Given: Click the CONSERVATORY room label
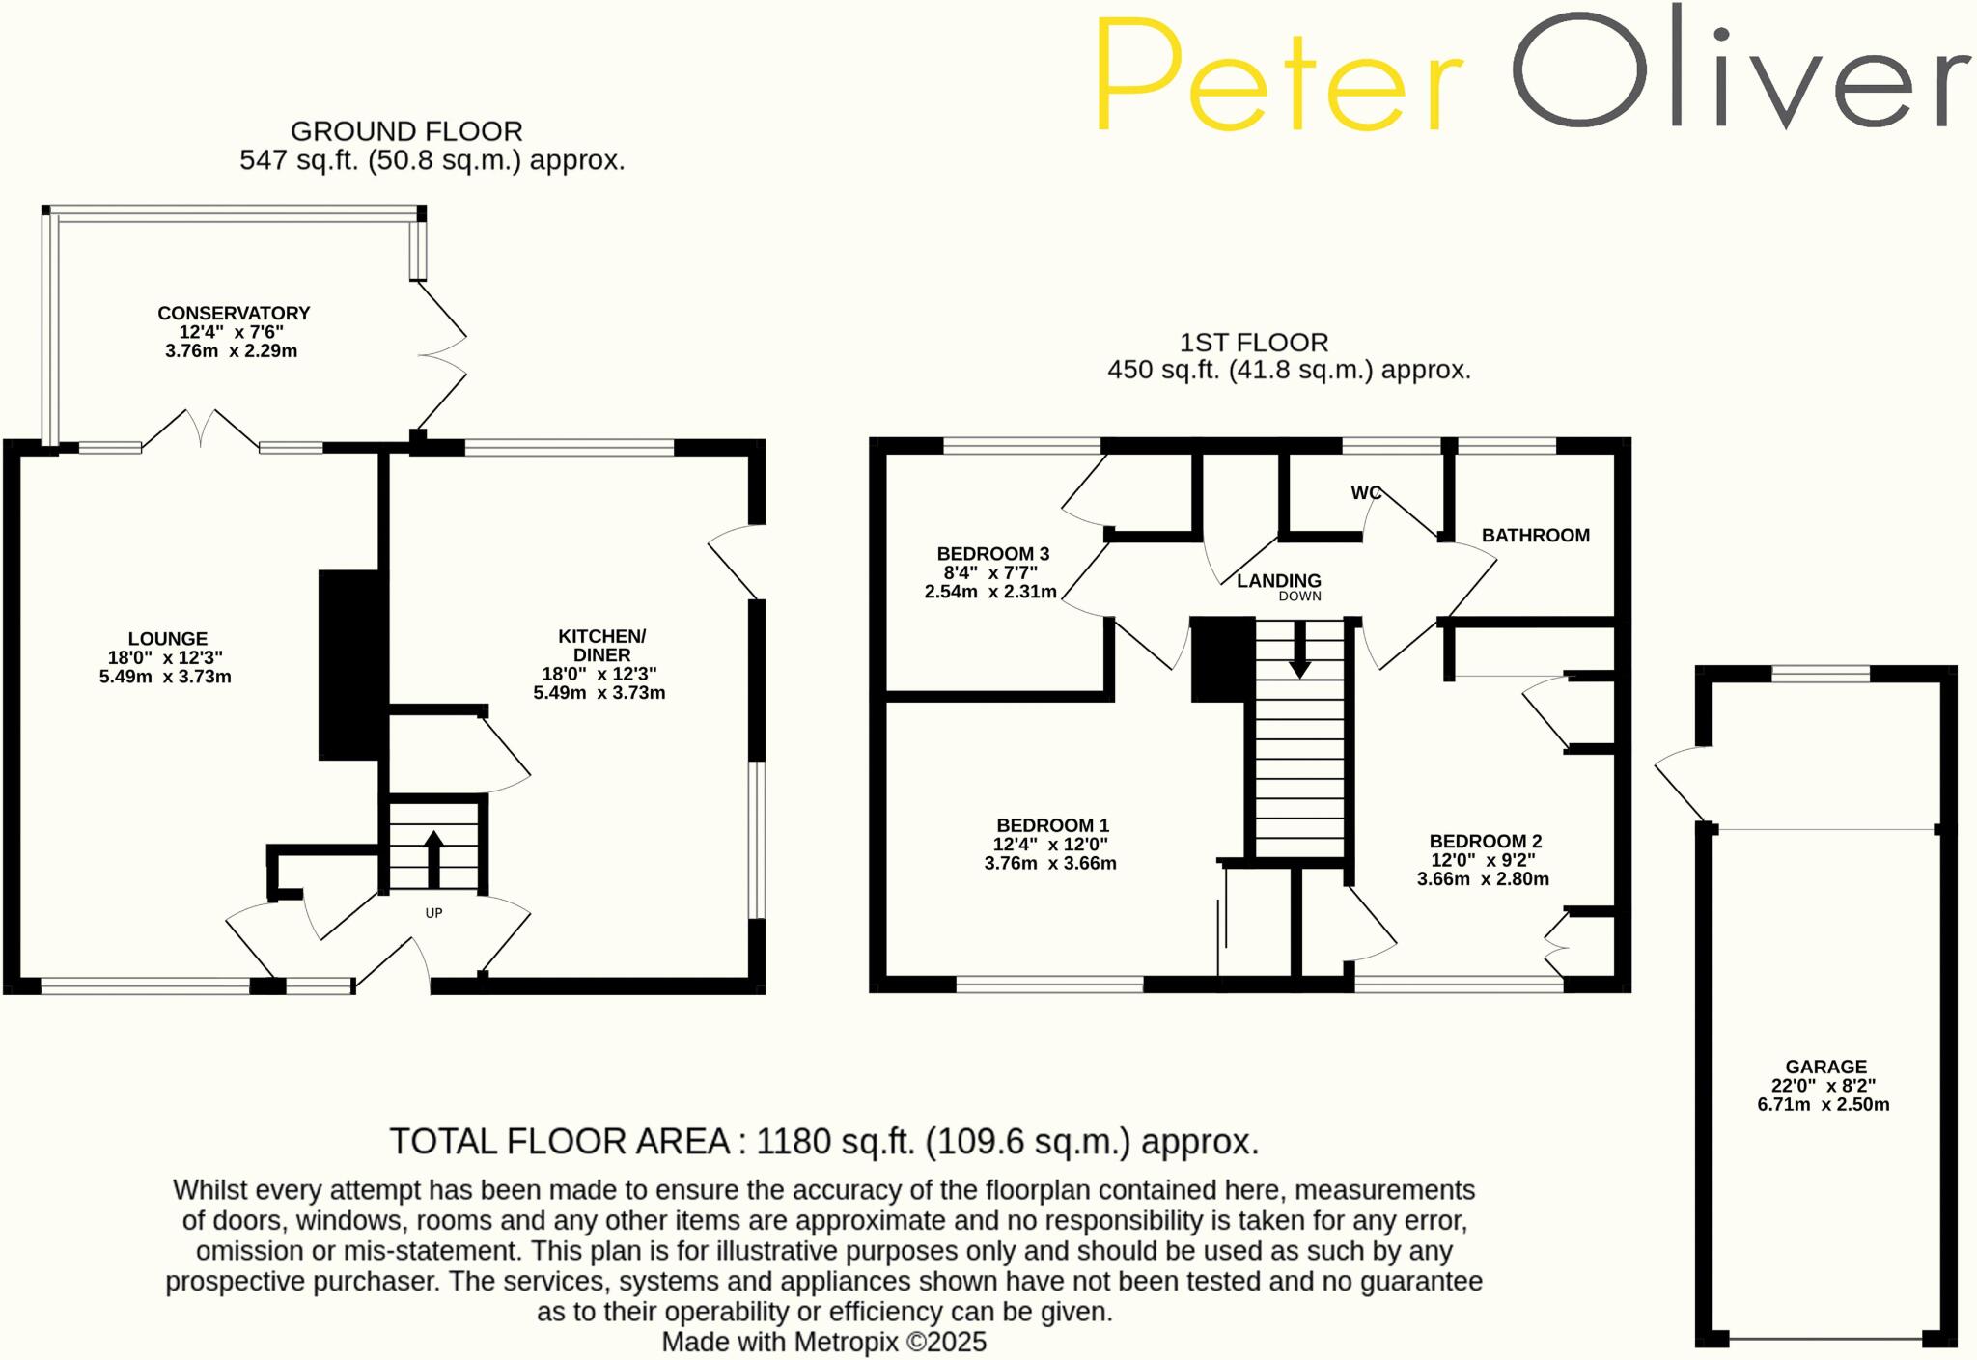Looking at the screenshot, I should (234, 314).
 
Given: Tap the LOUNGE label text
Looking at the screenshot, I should (168, 639).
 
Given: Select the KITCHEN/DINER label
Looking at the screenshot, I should (601, 645).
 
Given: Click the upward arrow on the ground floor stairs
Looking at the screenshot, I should (433, 857).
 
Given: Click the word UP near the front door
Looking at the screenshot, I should (434, 913).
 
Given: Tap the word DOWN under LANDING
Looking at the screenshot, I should (1299, 597).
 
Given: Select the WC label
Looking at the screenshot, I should (1366, 493).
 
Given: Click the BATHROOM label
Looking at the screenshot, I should (1535, 536).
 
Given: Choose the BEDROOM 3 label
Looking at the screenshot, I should (992, 554).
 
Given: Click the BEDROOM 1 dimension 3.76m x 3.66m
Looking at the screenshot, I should (1050, 864).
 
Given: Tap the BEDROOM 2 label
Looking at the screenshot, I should (1485, 842).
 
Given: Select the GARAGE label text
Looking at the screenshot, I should (1825, 1067).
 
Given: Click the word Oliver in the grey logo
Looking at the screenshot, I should (1738, 72).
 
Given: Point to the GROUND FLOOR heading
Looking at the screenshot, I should (406, 131).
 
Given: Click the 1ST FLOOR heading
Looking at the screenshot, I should (1254, 343).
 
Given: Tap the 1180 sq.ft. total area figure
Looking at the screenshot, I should (834, 1142).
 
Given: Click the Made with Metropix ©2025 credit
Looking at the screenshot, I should (823, 1342).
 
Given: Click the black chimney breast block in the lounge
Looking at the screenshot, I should (348, 664).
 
